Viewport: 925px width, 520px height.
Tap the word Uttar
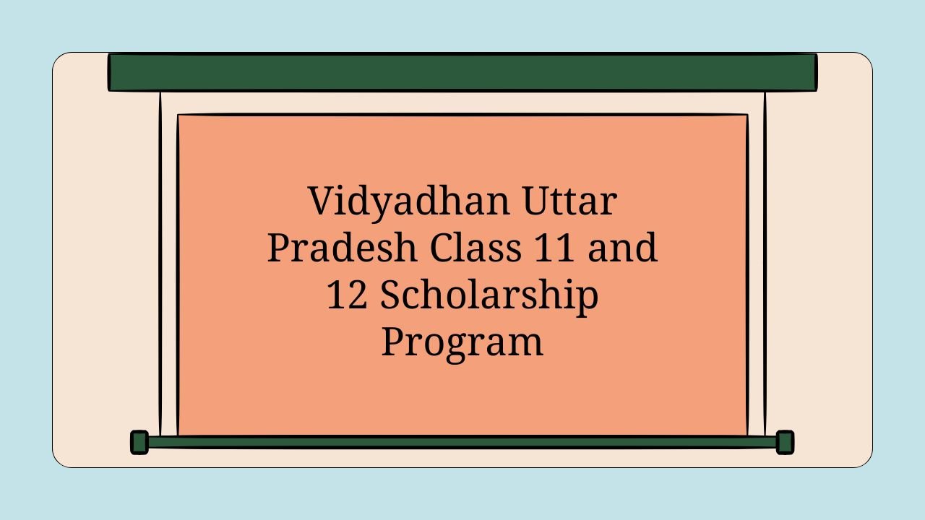(x=570, y=201)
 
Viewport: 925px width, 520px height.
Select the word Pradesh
(x=343, y=247)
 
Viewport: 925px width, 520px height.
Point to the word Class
(x=476, y=247)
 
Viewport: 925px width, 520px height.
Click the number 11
(x=554, y=248)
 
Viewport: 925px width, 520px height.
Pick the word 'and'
(x=622, y=247)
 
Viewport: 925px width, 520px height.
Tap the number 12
(x=346, y=295)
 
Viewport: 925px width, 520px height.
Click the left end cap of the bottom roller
(x=139, y=443)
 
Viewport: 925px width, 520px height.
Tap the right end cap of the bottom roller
(x=785, y=443)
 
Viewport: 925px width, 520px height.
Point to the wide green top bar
(x=462, y=72)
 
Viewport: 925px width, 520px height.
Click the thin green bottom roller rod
(x=462, y=442)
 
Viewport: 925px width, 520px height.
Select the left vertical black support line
(x=160, y=264)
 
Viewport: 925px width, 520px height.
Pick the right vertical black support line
(x=765, y=264)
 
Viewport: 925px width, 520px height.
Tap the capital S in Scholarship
(x=391, y=295)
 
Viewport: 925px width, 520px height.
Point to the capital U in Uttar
(x=538, y=201)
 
